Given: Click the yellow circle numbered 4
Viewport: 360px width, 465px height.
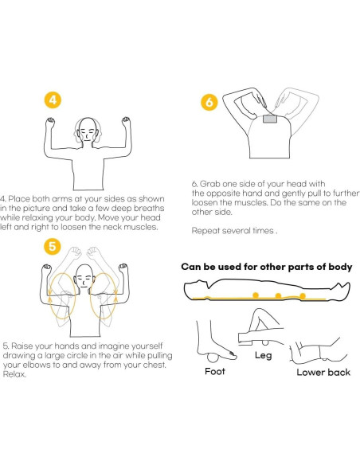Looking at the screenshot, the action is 53,100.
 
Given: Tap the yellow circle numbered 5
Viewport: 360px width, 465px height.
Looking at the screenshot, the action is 53,246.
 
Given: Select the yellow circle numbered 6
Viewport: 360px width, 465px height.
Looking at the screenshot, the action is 209,102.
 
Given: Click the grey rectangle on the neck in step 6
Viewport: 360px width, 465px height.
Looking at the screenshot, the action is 270,119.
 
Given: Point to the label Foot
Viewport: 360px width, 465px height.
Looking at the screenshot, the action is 215,371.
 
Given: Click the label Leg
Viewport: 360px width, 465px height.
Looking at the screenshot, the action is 263,355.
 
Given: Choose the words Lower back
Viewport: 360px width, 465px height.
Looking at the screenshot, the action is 323,372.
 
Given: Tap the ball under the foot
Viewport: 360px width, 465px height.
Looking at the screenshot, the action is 213,358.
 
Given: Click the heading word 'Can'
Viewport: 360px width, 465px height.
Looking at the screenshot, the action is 190,267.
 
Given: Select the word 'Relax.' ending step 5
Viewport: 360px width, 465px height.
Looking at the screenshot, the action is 14,374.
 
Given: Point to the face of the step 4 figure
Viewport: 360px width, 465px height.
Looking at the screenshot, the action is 87,132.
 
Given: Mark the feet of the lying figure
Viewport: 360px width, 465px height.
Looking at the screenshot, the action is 342,289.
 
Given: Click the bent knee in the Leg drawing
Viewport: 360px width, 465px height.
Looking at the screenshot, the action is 257,312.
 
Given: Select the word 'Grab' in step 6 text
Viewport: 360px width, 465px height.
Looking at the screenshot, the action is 210,184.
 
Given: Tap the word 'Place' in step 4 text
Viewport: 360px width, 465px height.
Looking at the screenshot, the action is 18,199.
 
